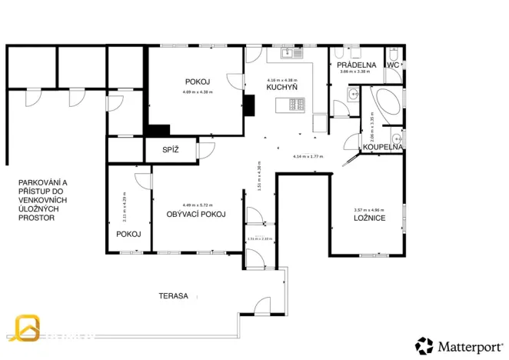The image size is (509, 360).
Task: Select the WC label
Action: [392, 65]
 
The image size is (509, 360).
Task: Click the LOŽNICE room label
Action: [365, 218]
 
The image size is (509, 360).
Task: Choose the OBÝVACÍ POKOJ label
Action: [195, 214]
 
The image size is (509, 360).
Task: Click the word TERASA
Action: [174, 295]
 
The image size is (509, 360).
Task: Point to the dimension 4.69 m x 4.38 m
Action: [197, 92]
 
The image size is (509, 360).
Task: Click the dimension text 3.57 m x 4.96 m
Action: [367, 209]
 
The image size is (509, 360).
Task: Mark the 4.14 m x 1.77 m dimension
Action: [308, 156]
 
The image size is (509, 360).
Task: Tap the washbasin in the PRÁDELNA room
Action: [354, 95]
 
